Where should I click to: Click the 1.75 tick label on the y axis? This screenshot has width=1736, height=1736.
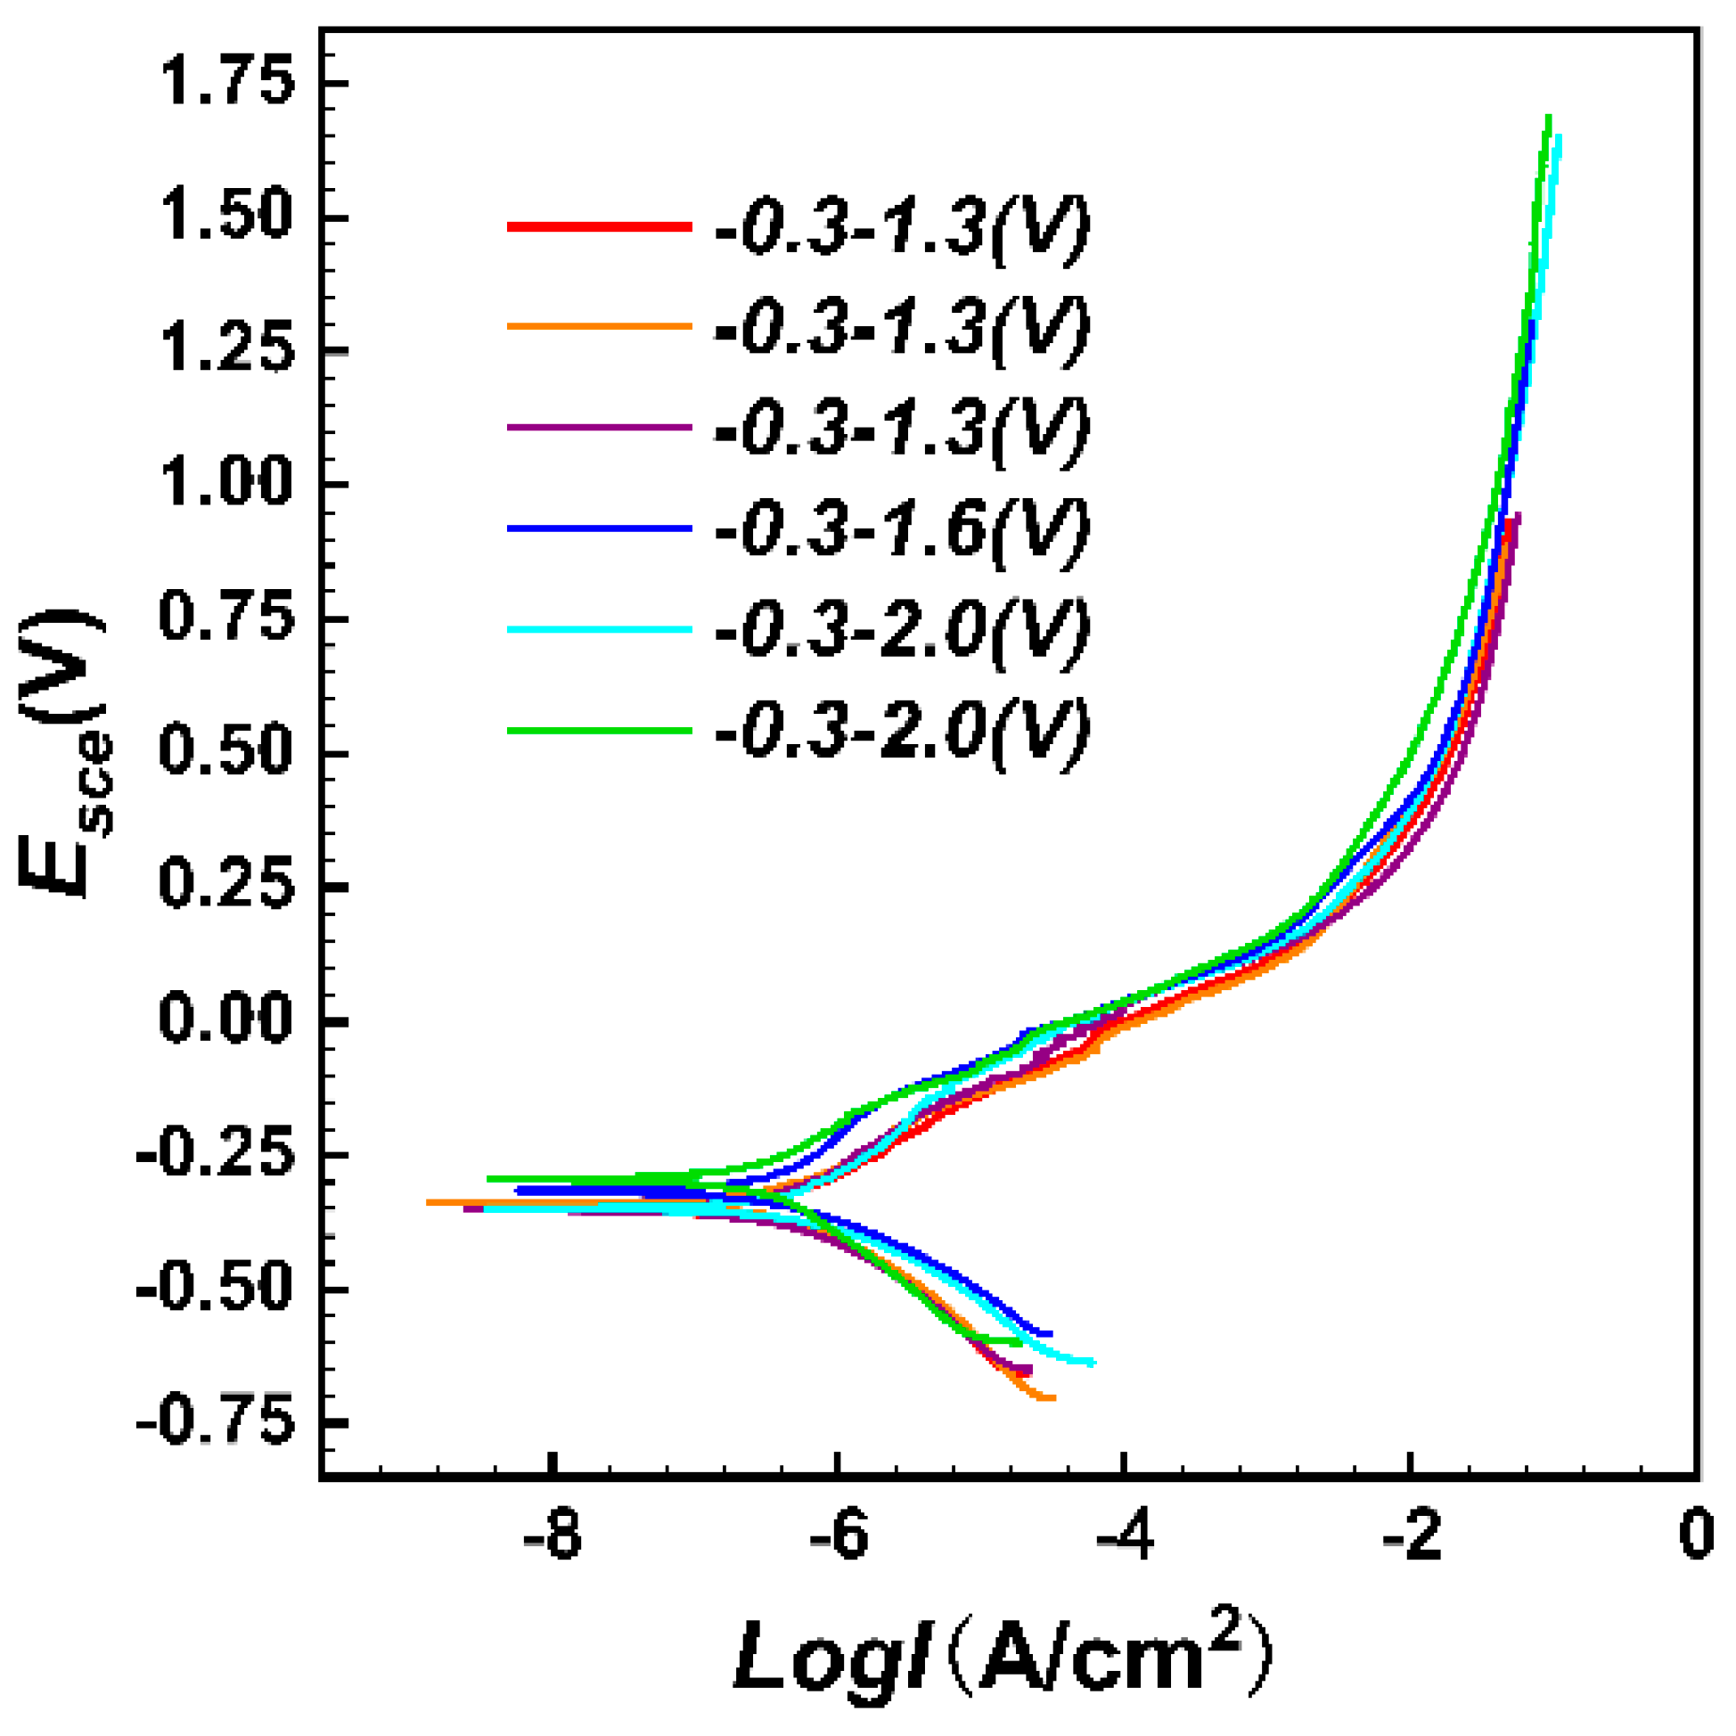point(225,84)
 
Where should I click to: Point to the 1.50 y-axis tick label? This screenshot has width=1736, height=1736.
point(225,218)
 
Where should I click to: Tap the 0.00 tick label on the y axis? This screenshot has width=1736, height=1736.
point(225,1021)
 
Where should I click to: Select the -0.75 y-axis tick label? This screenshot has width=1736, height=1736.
point(213,1423)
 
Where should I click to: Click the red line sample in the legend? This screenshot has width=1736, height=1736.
point(600,227)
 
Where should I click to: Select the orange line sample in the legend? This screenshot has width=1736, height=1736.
point(600,327)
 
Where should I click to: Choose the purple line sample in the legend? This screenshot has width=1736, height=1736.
point(600,428)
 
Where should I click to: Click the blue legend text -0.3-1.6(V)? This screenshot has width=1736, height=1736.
point(901,528)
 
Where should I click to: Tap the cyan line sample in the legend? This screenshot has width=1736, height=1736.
point(600,629)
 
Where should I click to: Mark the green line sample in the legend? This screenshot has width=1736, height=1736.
point(600,730)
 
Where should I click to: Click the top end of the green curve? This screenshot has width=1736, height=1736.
point(1548,118)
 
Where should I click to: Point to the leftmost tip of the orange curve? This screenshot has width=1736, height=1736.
point(429,1202)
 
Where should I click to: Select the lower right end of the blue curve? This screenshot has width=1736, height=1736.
point(1050,1333)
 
